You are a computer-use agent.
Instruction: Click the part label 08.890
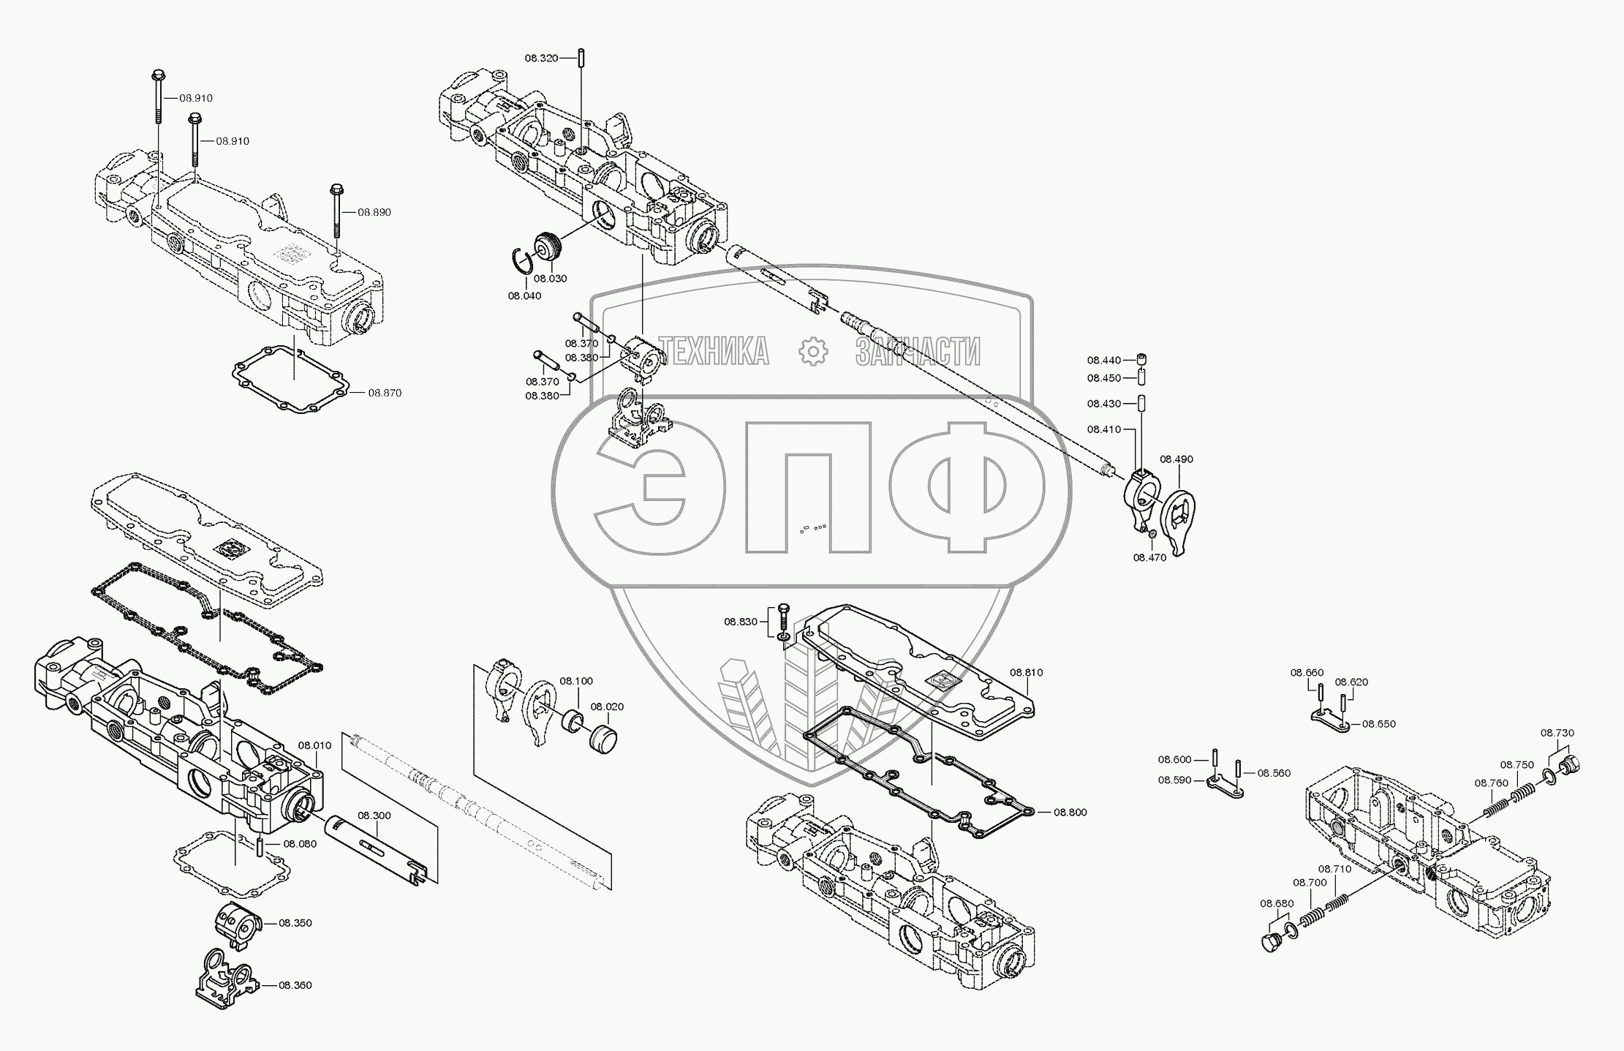[374, 212]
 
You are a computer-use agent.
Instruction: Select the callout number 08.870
[385, 393]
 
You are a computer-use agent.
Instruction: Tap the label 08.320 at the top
[541, 58]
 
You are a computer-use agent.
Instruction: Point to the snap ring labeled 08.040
[521, 260]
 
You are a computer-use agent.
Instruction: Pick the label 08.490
[1177, 459]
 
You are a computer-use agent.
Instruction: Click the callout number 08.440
[1103, 360]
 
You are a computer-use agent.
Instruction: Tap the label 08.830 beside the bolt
[741, 622]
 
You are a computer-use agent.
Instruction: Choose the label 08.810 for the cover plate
[1027, 672]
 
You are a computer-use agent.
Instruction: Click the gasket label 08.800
[1070, 812]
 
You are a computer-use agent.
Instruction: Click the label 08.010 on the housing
[314, 745]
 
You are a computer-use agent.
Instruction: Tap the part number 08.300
[374, 815]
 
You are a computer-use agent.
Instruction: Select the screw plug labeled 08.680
[1271, 942]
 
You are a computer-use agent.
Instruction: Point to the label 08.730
[1557, 733]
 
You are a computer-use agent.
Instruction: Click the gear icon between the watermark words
[812, 352]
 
